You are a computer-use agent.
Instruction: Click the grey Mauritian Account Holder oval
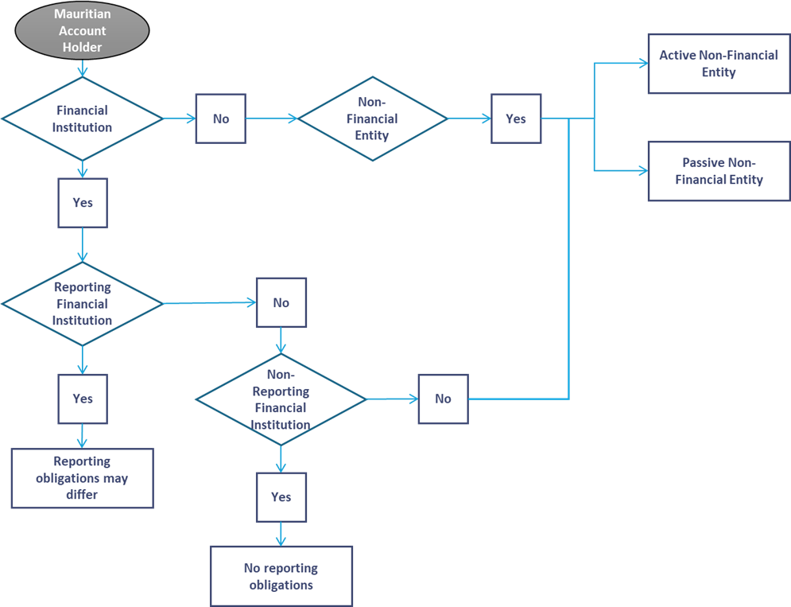click(82, 31)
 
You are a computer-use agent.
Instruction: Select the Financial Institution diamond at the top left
click(82, 119)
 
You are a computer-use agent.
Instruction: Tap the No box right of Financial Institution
click(220, 119)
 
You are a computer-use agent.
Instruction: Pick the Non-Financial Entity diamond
click(372, 119)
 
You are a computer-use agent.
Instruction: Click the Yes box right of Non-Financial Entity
click(515, 119)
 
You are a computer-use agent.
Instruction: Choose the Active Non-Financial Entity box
click(718, 64)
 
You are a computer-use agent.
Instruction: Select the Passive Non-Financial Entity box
click(718, 171)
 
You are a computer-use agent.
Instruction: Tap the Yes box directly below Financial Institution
click(82, 202)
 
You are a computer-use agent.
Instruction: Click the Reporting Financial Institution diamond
click(82, 303)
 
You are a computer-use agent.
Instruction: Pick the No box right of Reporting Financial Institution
click(281, 302)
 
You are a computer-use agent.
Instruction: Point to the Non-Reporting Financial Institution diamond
click(281, 399)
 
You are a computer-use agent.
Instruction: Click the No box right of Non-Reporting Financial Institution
click(443, 399)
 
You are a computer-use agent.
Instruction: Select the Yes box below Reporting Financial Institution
click(82, 399)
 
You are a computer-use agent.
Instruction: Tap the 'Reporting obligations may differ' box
click(82, 477)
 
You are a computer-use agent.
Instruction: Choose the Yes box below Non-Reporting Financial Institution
click(281, 496)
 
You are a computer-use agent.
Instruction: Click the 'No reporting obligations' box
click(281, 577)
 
